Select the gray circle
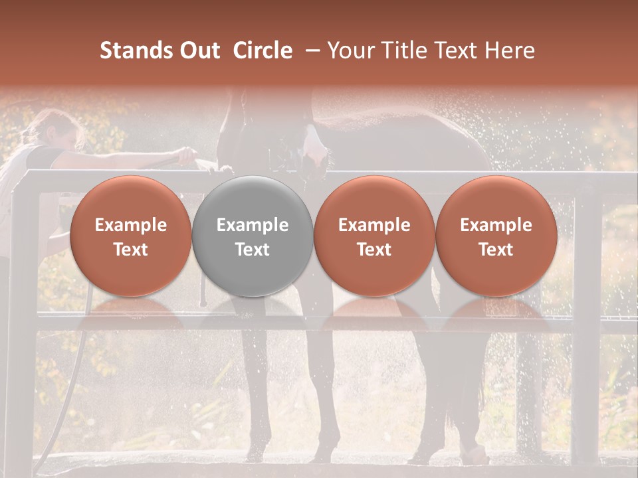point(253,236)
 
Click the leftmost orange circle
point(130,236)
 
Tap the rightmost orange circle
point(496,236)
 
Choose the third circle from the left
point(374,236)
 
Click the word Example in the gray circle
point(253,225)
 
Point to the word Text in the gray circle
point(253,250)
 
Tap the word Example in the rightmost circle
point(496,225)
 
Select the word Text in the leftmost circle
point(130,250)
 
